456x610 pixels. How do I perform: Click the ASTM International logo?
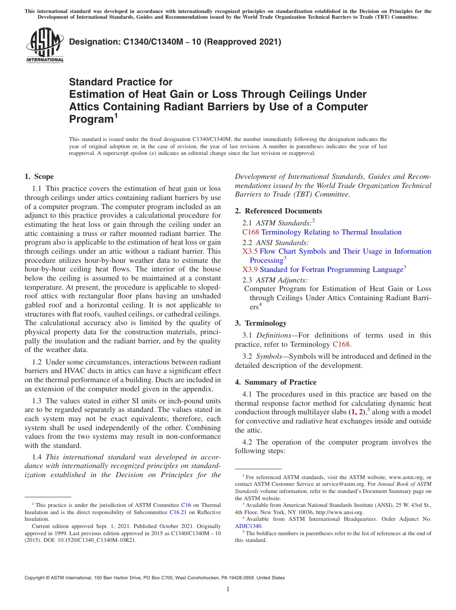(x=45, y=46)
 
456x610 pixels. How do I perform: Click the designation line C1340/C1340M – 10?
(x=175, y=42)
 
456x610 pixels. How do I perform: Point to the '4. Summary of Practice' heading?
(x=276, y=382)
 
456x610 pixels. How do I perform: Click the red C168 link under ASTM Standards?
(x=251, y=232)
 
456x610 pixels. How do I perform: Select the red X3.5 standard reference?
(x=250, y=251)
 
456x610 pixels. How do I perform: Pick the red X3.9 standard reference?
(x=250, y=270)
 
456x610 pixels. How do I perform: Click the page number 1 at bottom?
(x=228, y=589)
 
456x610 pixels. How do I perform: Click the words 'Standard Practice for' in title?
(x=120, y=82)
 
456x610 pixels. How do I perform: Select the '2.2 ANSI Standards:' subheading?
(x=276, y=242)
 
